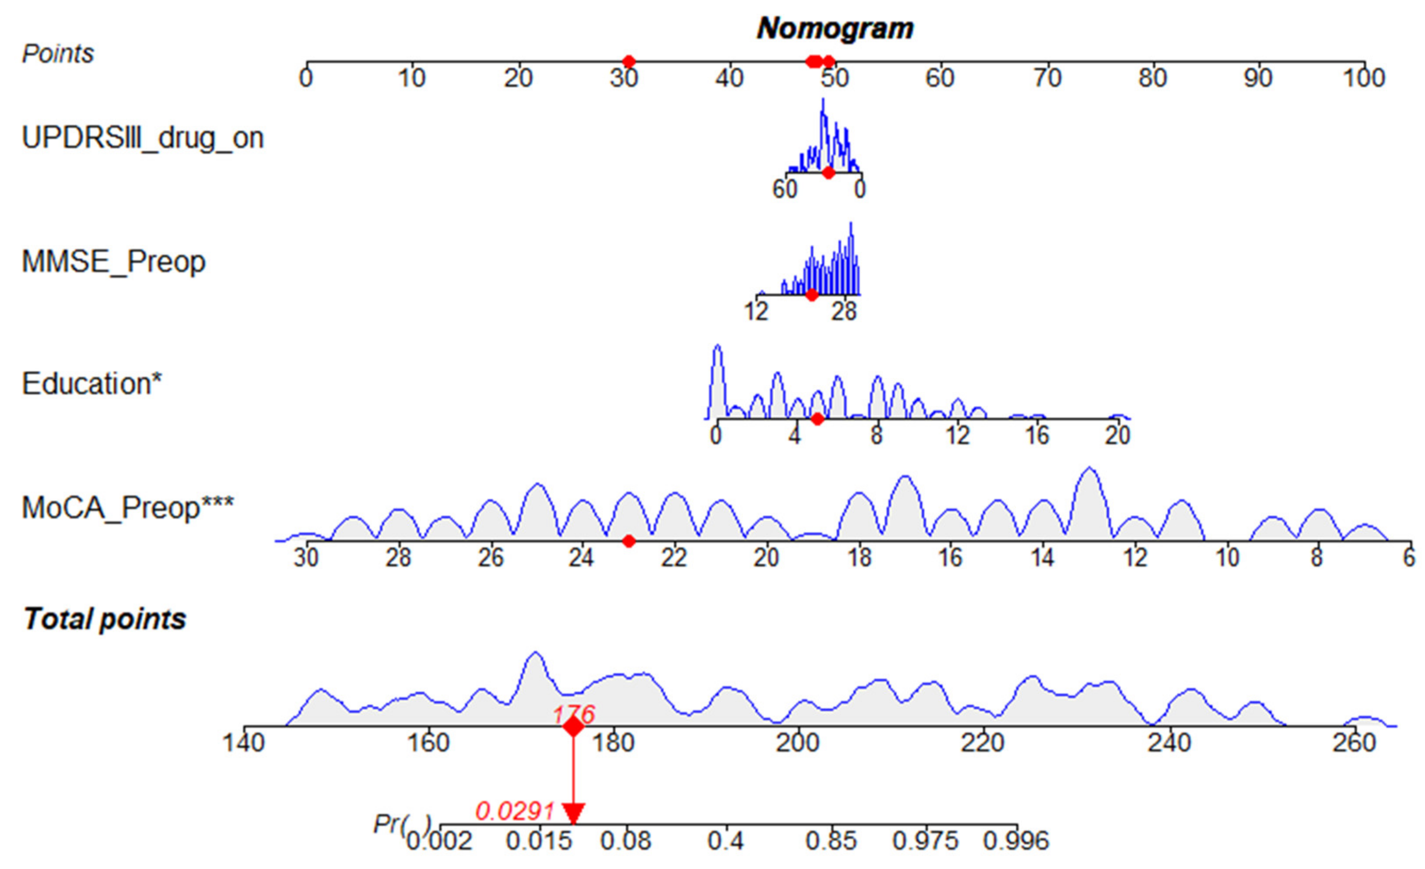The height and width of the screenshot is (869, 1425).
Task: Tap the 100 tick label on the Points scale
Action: point(1364,78)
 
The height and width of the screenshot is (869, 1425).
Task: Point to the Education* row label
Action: point(91,384)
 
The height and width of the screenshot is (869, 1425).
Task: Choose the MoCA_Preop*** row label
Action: point(127,508)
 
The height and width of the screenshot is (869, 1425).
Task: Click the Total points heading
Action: point(105,619)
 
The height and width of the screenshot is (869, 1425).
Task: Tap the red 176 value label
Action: point(574,715)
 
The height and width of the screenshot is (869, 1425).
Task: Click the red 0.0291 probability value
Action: point(515,812)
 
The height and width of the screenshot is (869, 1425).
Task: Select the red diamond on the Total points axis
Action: point(573,727)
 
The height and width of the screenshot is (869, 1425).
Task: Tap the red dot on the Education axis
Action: point(817,419)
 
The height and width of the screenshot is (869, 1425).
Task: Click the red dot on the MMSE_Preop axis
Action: point(811,295)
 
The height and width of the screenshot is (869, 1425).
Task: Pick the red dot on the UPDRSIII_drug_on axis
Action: point(828,172)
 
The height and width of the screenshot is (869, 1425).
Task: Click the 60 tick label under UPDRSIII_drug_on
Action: point(785,189)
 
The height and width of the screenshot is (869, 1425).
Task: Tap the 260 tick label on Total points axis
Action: point(1354,743)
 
